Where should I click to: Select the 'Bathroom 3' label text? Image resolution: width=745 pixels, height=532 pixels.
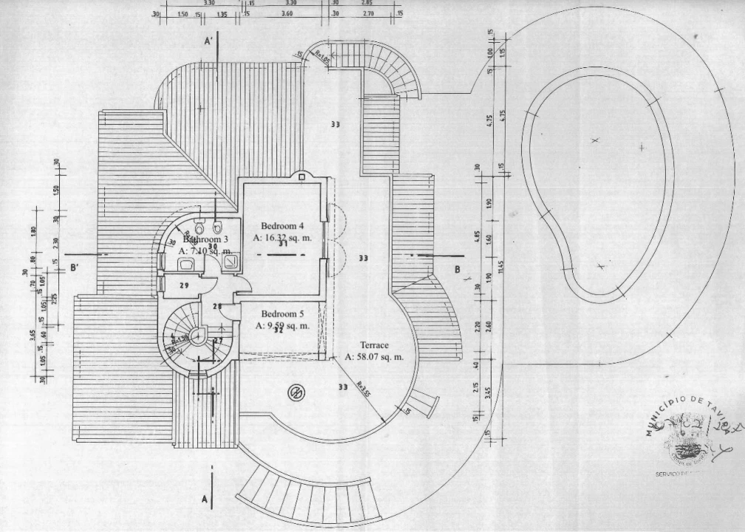(206, 239)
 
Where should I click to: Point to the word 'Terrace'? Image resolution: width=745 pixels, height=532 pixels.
(375, 345)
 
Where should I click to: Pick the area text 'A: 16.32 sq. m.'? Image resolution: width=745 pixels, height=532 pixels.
(283, 238)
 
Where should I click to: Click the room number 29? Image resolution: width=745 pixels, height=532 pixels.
(185, 285)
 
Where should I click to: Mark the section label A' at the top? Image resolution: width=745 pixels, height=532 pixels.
(209, 43)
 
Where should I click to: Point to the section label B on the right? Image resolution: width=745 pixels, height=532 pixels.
(457, 270)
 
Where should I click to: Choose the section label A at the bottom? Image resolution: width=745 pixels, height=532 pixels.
(205, 499)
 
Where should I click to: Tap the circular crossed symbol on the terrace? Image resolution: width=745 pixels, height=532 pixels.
(296, 392)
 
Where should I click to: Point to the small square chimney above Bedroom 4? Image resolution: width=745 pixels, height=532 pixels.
(302, 175)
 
